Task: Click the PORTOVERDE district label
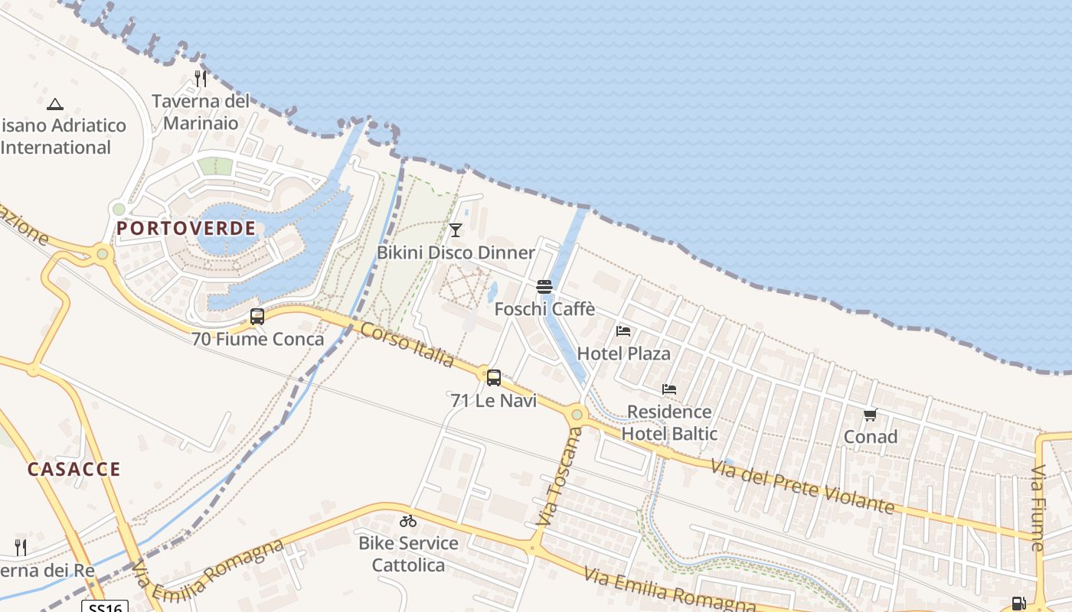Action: pos(186,228)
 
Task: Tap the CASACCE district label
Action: pos(74,469)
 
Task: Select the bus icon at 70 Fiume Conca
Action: pos(257,316)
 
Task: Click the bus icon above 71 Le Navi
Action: pos(494,377)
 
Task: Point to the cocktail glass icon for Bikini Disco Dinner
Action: pos(456,229)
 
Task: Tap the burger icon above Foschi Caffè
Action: pos(544,287)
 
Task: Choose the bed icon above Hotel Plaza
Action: pos(623,331)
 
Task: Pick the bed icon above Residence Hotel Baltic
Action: pos(669,389)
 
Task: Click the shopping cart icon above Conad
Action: pos(870,415)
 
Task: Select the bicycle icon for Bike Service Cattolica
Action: pos(408,521)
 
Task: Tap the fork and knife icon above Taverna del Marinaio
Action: pos(201,78)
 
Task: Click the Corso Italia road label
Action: pos(407,344)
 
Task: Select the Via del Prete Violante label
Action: pos(802,487)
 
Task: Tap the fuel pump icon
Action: pos(1018,604)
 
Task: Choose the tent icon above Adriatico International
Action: pos(54,104)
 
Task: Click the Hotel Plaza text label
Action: pos(623,353)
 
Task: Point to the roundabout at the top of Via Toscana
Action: pos(577,415)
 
